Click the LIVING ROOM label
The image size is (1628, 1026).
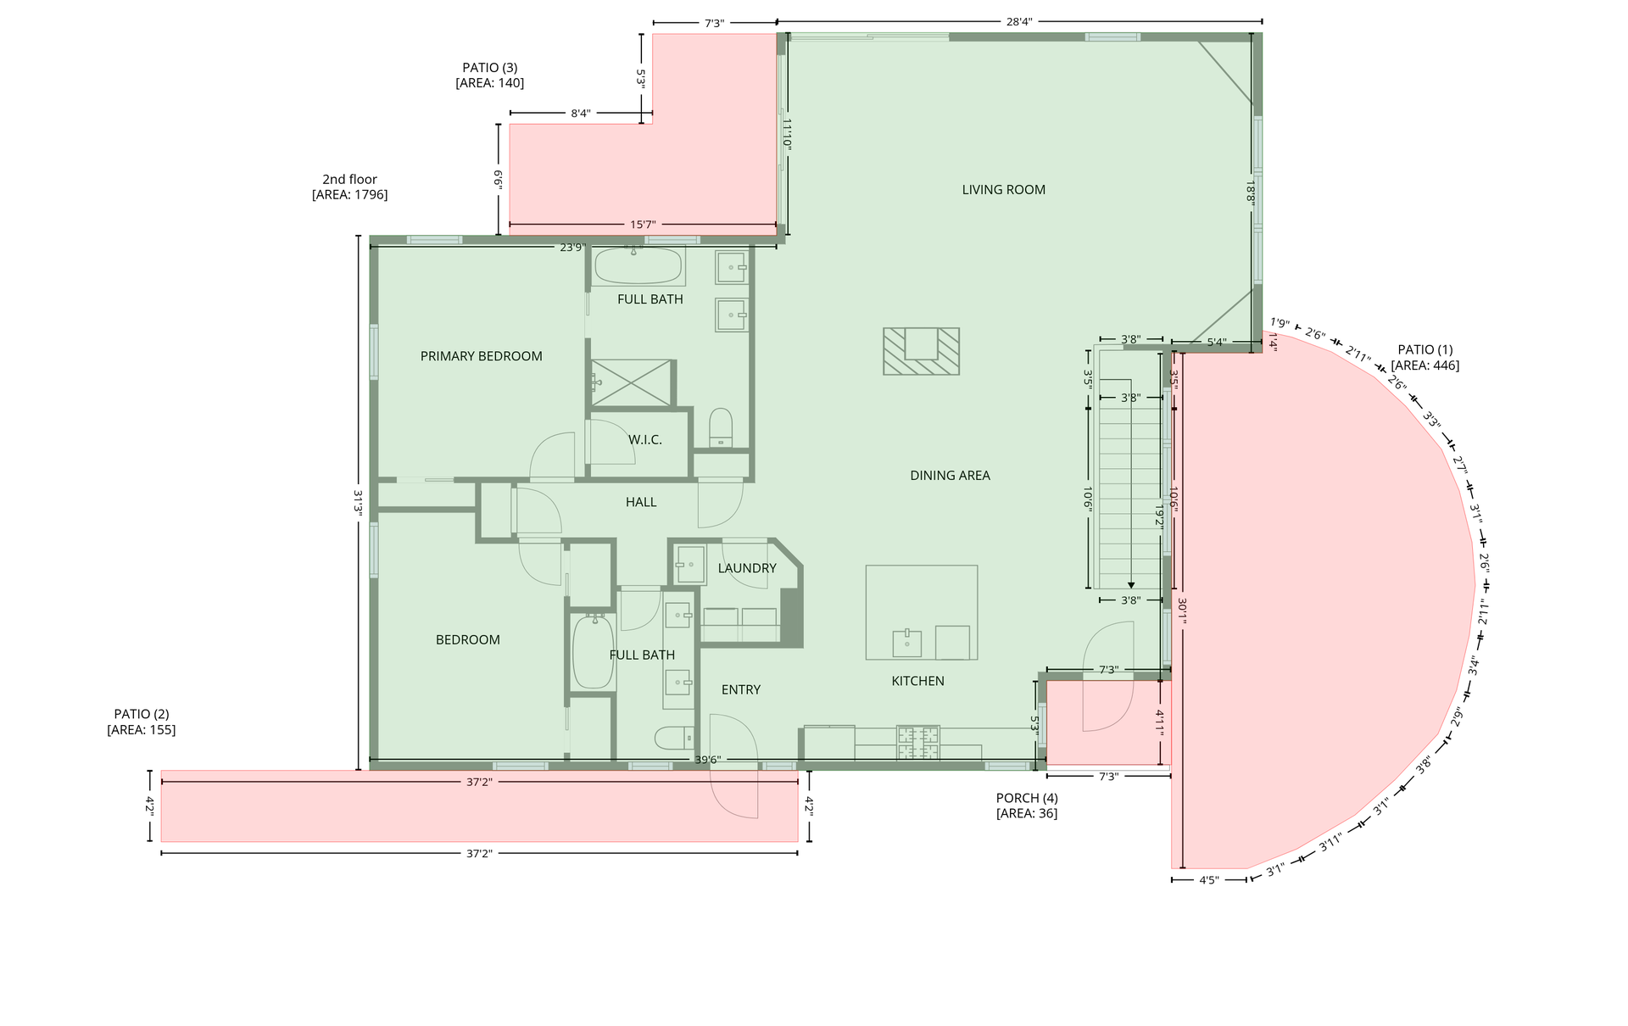[x=1003, y=190]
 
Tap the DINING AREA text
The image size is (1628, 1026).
[x=950, y=476]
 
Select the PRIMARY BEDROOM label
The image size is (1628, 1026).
[x=482, y=356]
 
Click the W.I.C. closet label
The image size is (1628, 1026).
[x=645, y=440]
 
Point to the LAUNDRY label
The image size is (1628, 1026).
[x=747, y=568]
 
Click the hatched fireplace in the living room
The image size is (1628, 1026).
[x=921, y=351]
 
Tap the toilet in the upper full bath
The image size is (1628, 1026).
[x=721, y=427]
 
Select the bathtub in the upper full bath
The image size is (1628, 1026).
[x=638, y=266]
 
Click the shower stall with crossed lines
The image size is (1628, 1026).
[x=632, y=383]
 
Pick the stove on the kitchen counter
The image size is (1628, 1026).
[x=918, y=743]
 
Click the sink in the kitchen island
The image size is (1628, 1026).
[x=907, y=644]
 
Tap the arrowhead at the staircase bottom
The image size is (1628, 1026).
[x=1131, y=584]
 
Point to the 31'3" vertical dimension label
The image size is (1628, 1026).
[x=359, y=503]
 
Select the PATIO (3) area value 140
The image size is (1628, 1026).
[x=490, y=83]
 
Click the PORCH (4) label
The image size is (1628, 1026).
[x=1027, y=798]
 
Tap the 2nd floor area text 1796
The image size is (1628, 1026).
[x=350, y=195]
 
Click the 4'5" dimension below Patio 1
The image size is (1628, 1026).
[x=1209, y=880]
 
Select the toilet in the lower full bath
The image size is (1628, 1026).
[x=675, y=738]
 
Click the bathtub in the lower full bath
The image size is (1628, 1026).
[x=594, y=653]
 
